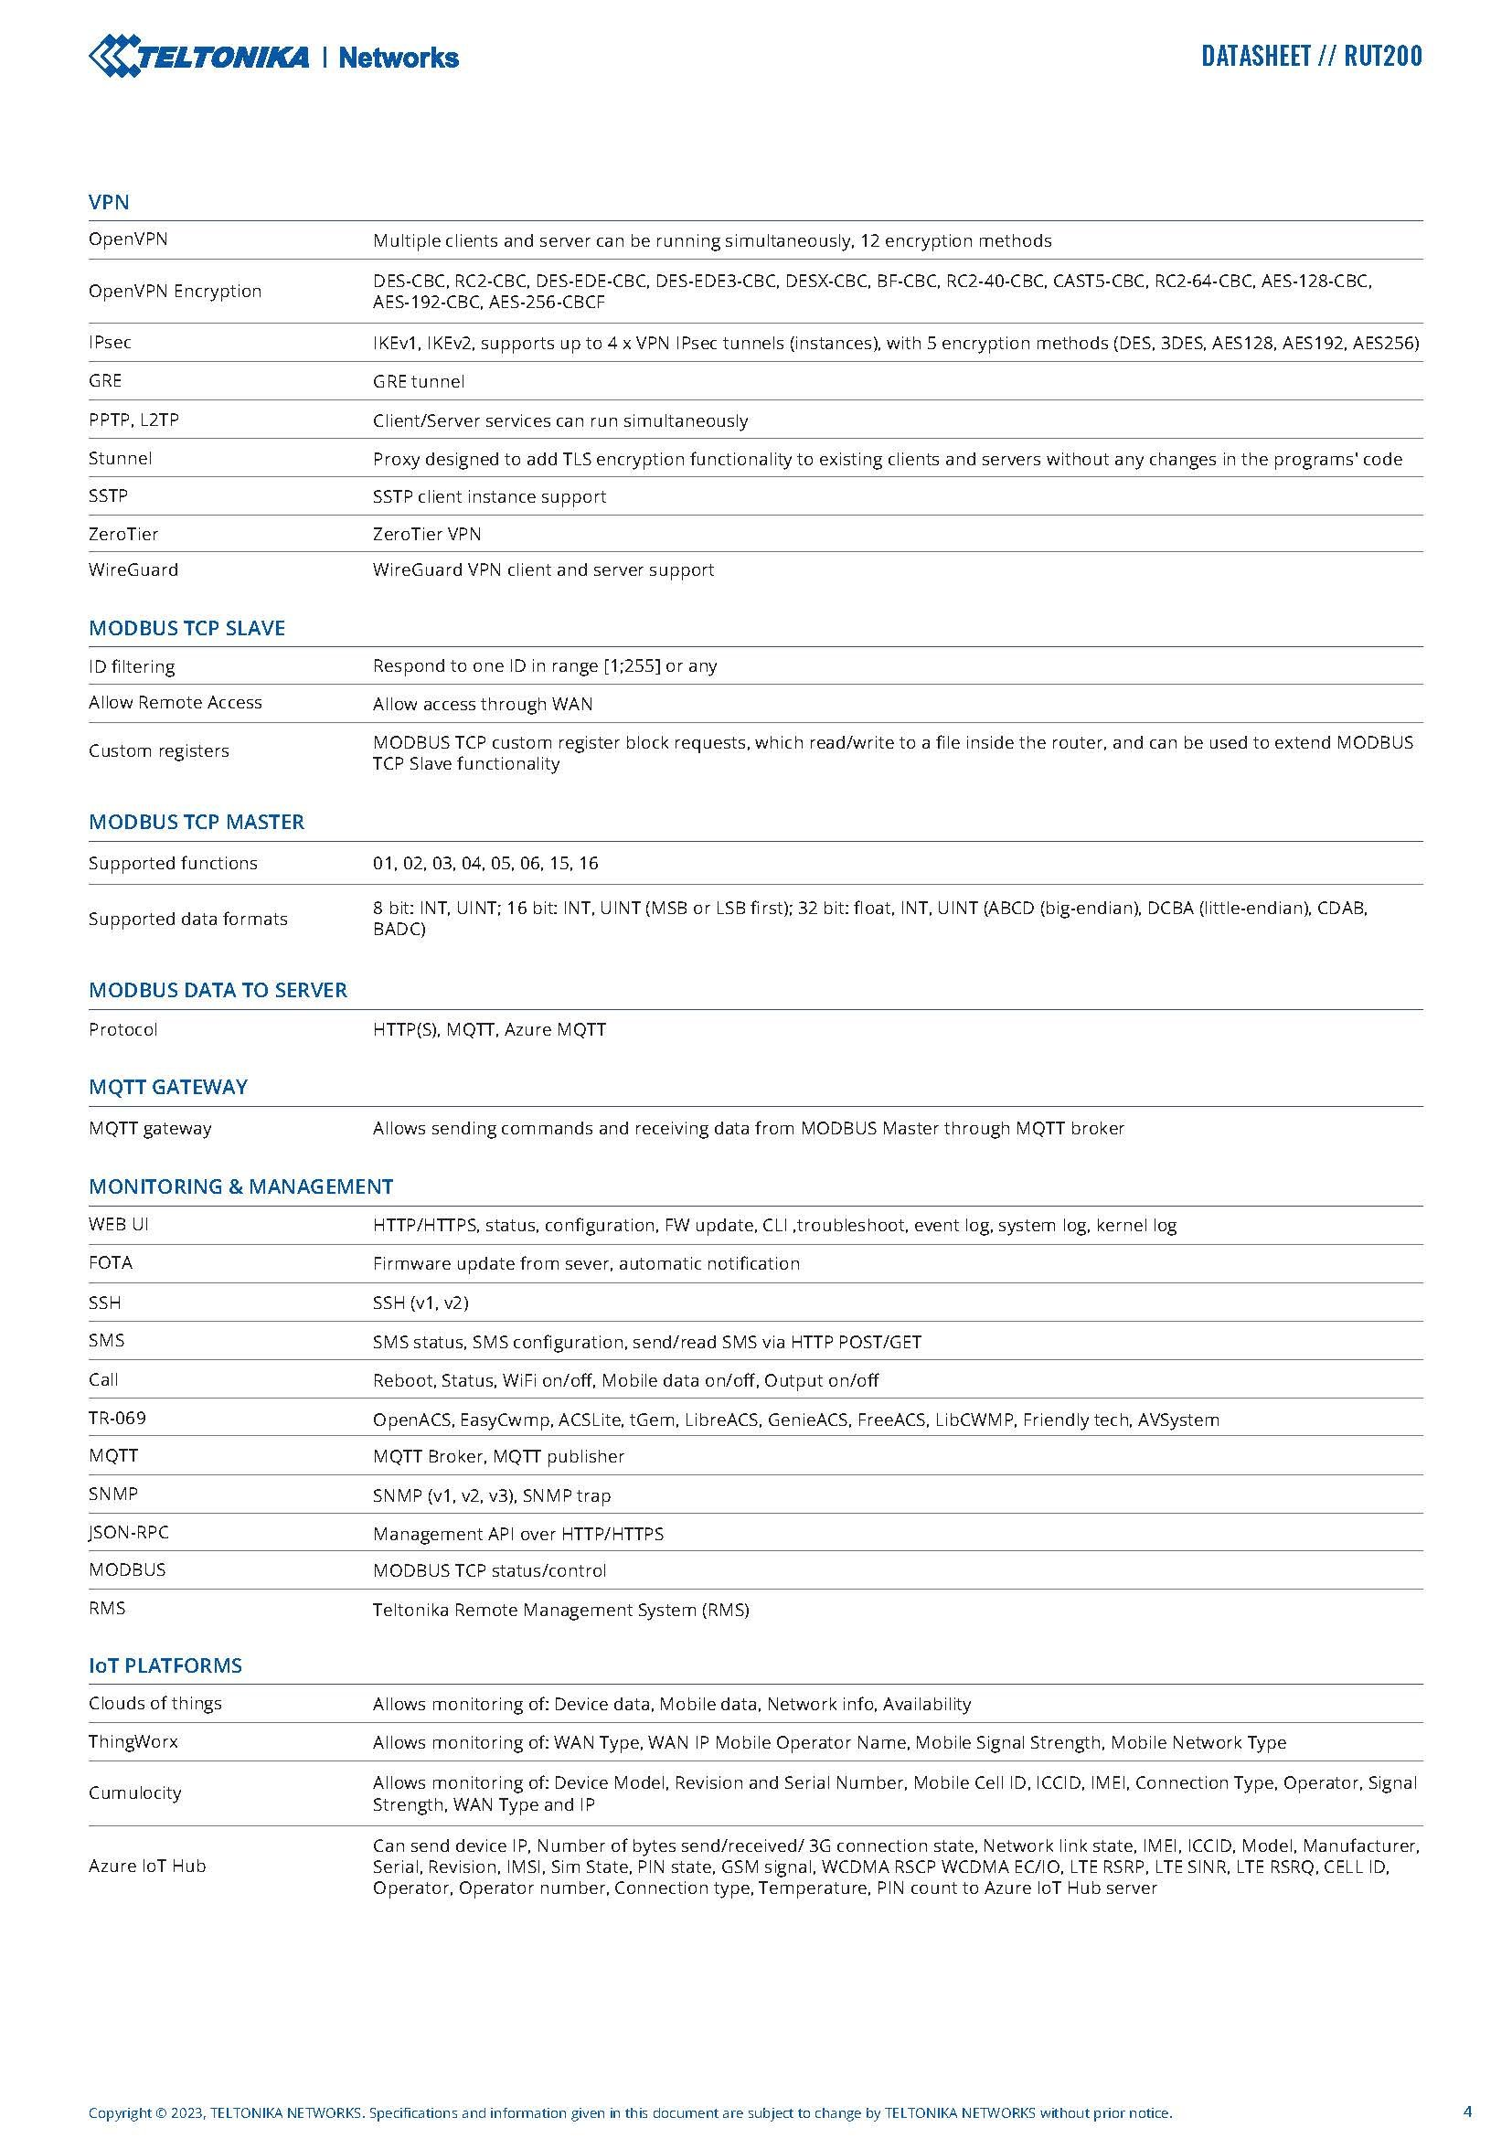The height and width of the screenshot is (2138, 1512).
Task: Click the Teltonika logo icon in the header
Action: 114,56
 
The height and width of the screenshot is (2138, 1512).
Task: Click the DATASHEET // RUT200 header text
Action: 1311,57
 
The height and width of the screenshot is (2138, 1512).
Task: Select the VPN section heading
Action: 109,202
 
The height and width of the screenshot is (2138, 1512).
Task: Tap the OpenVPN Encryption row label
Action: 175,292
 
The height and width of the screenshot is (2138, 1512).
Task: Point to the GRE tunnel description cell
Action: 418,382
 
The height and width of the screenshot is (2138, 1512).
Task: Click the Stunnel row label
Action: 120,458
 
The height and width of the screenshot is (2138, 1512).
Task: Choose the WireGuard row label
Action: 133,569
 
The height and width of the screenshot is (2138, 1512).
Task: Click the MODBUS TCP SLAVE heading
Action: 187,629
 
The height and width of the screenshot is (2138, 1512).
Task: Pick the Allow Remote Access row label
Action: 175,703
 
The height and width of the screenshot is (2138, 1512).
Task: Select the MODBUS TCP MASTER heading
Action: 197,823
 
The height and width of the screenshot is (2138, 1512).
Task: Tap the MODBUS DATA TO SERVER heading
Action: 218,991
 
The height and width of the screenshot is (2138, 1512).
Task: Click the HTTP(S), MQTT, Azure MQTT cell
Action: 489,1030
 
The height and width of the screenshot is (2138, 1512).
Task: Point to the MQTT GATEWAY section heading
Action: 168,1088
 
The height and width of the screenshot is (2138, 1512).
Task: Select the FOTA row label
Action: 111,1263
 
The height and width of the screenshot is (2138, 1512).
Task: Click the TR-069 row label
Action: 117,1419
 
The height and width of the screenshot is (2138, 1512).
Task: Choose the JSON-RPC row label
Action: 129,1533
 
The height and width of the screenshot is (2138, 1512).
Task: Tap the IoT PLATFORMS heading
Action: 165,1666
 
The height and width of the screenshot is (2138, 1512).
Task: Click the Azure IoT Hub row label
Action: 147,1867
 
